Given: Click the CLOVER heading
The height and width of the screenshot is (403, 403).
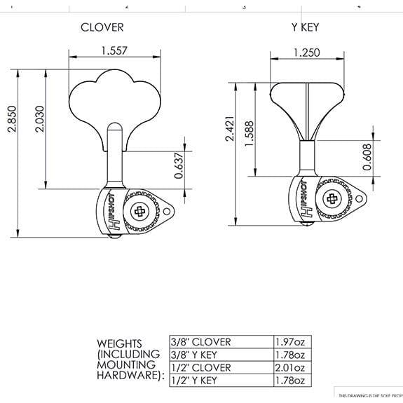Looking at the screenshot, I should tap(102, 27).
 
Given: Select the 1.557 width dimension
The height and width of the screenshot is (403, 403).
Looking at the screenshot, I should tap(114, 51).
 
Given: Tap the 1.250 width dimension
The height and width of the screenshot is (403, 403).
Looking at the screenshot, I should tap(307, 53).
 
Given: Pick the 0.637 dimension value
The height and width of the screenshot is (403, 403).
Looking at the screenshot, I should tap(179, 165).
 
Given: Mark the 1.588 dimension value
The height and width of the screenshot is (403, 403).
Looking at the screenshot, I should tap(250, 133).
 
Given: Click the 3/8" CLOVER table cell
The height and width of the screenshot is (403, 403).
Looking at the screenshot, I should tap(200, 342).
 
